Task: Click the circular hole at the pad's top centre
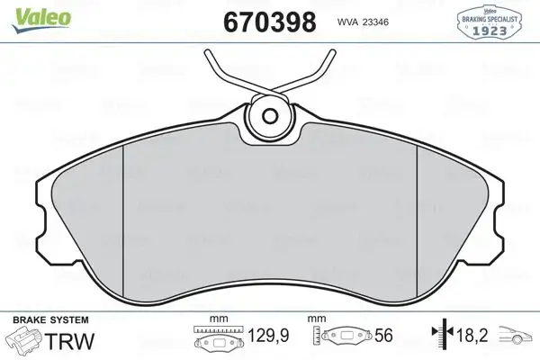pos(270,115)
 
